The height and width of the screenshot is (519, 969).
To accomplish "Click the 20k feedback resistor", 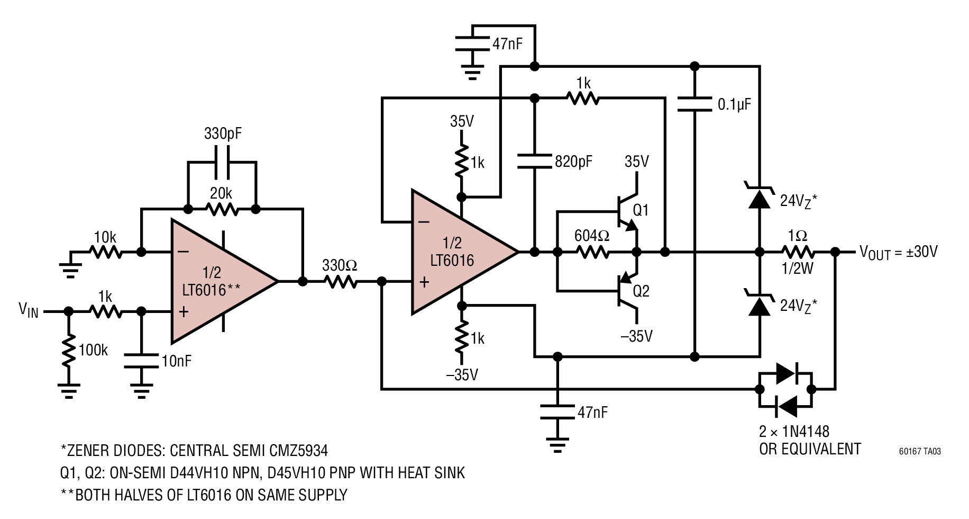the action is tap(222, 209).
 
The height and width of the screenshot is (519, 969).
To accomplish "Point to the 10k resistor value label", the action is tap(105, 237).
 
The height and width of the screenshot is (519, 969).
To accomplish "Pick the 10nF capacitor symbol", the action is tap(141, 361).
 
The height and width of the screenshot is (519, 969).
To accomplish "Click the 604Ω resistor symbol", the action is tap(593, 252).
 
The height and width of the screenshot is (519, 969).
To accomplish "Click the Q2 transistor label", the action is tap(641, 291).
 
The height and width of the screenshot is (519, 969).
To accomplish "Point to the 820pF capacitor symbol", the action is tap(535, 161).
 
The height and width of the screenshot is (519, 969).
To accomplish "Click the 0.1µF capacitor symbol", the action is tap(695, 104).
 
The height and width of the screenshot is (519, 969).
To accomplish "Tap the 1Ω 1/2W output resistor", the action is tap(798, 252).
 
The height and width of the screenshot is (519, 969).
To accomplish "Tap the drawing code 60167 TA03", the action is tap(920, 452).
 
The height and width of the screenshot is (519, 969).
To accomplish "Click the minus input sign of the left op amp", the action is tap(184, 252).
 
